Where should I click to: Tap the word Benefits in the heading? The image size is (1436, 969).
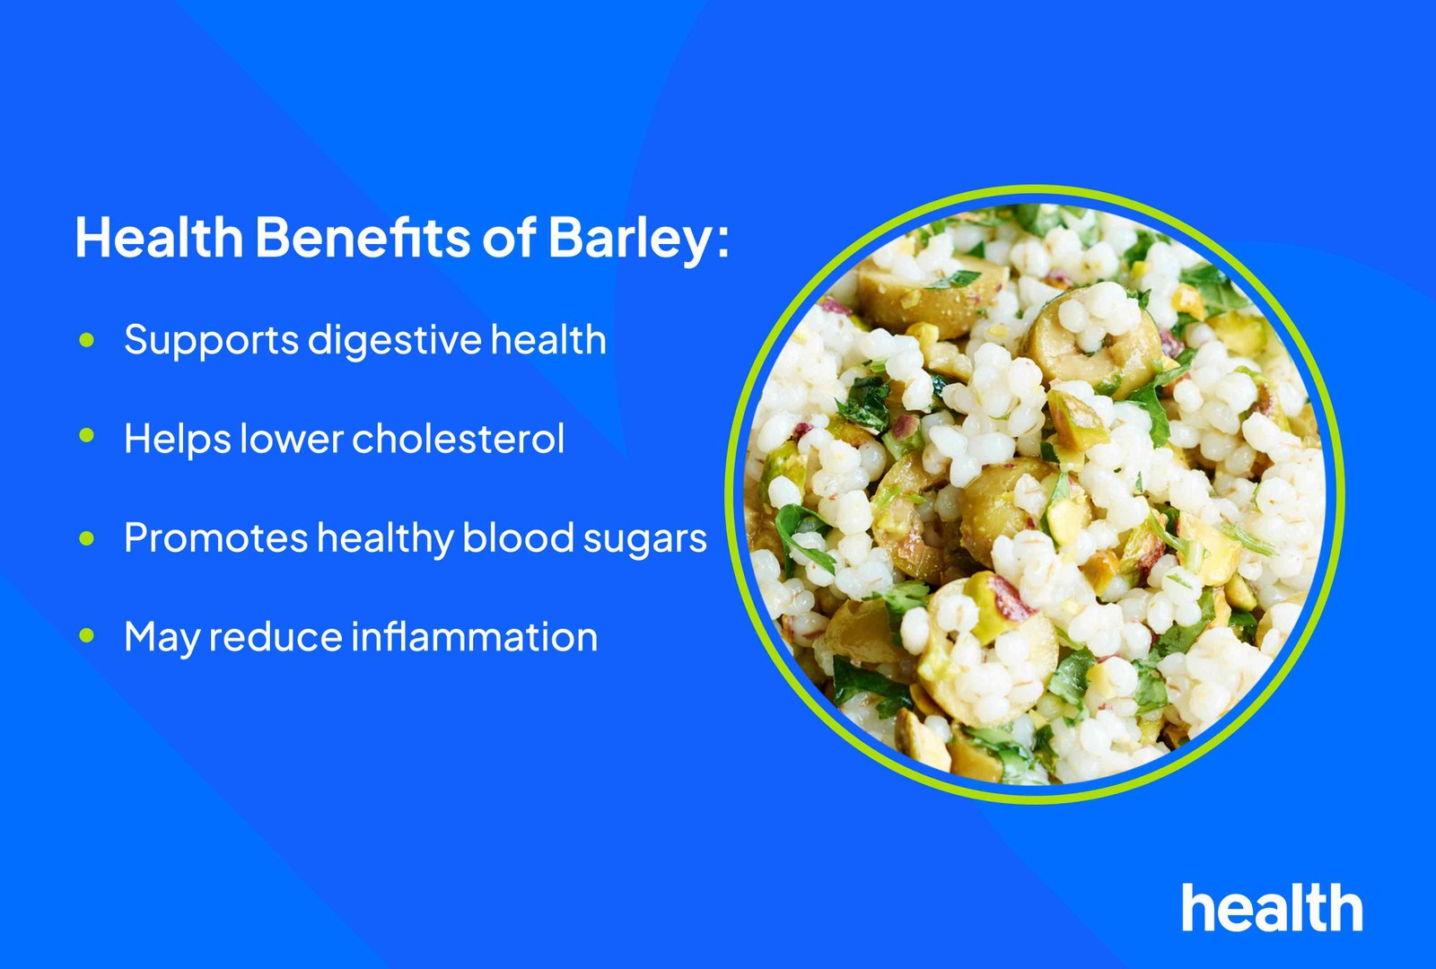click(x=363, y=237)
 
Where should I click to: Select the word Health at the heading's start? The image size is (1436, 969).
click(x=159, y=237)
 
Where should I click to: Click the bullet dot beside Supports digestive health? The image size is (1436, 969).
click(x=86, y=339)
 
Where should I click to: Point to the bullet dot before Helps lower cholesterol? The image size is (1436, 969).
click(x=86, y=436)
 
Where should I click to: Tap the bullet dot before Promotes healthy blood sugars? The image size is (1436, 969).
click(x=86, y=537)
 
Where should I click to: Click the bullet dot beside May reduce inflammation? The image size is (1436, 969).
click(x=86, y=635)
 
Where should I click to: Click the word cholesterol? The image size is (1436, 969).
click(x=459, y=439)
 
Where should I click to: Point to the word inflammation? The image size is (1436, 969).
click(x=475, y=636)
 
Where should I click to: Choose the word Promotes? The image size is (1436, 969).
click(x=216, y=537)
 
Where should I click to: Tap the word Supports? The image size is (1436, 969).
click(x=212, y=341)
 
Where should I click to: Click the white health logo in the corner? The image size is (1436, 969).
click(x=1272, y=907)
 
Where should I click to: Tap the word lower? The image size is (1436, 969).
click(x=291, y=439)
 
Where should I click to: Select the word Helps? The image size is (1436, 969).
click(x=178, y=440)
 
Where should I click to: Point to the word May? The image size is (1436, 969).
click(x=162, y=638)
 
